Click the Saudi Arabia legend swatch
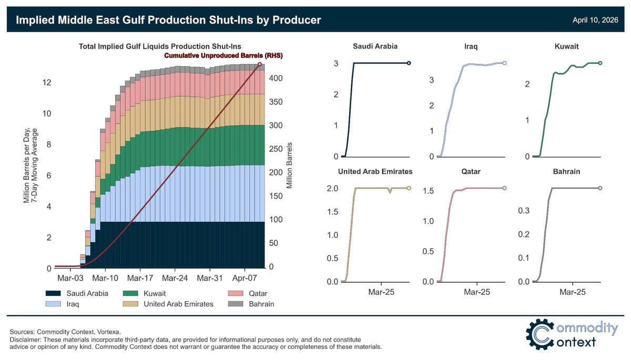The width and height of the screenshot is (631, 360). [x=54, y=293]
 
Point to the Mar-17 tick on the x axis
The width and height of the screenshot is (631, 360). [x=140, y=277]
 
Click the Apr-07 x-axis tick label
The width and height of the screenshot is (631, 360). [x=243, y=277]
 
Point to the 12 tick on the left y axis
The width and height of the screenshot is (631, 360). [x=46, y=83]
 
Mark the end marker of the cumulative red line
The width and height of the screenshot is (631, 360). [x=260, y=65]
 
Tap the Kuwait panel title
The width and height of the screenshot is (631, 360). [x=566, y=46]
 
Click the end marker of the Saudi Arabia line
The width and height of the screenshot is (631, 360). [x=409, y=63]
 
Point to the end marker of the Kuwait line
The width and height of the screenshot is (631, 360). [x=601, y=63]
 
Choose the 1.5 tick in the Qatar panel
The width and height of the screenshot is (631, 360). [x=429, y=190]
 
